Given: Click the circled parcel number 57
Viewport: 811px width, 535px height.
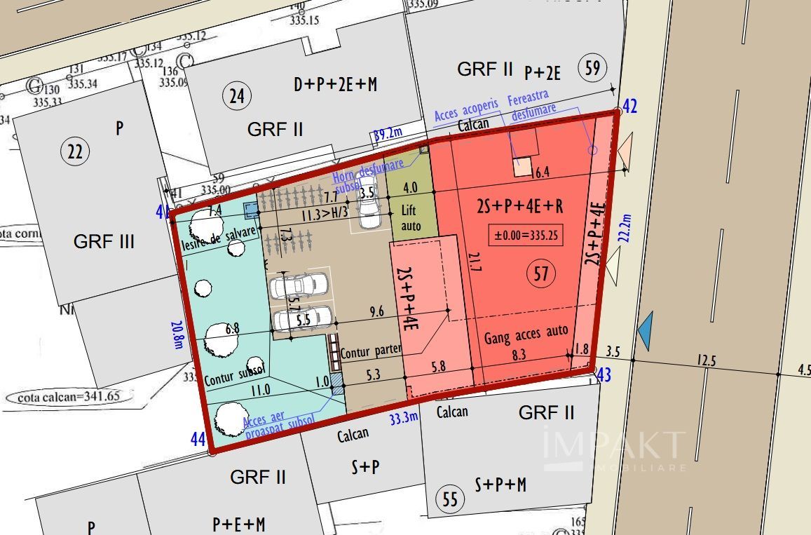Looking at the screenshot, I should point(540,273).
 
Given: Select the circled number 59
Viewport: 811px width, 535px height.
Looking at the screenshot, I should point(592,69).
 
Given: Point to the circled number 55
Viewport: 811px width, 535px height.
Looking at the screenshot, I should point(450,499).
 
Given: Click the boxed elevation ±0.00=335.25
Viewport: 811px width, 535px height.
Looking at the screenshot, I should point(526,236).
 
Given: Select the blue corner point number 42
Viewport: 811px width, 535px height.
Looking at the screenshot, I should point(630,107).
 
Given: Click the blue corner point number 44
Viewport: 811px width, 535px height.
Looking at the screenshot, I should point(198,440).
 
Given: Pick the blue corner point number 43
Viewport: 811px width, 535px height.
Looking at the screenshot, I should point(603,375).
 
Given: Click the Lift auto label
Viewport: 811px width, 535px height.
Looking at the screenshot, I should point(411,217).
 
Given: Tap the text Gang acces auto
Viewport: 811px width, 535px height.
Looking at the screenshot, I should point(526,335).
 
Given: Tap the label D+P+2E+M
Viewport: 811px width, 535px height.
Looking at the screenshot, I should point(335,85).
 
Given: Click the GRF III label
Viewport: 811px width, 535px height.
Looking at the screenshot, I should point(104,242).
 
